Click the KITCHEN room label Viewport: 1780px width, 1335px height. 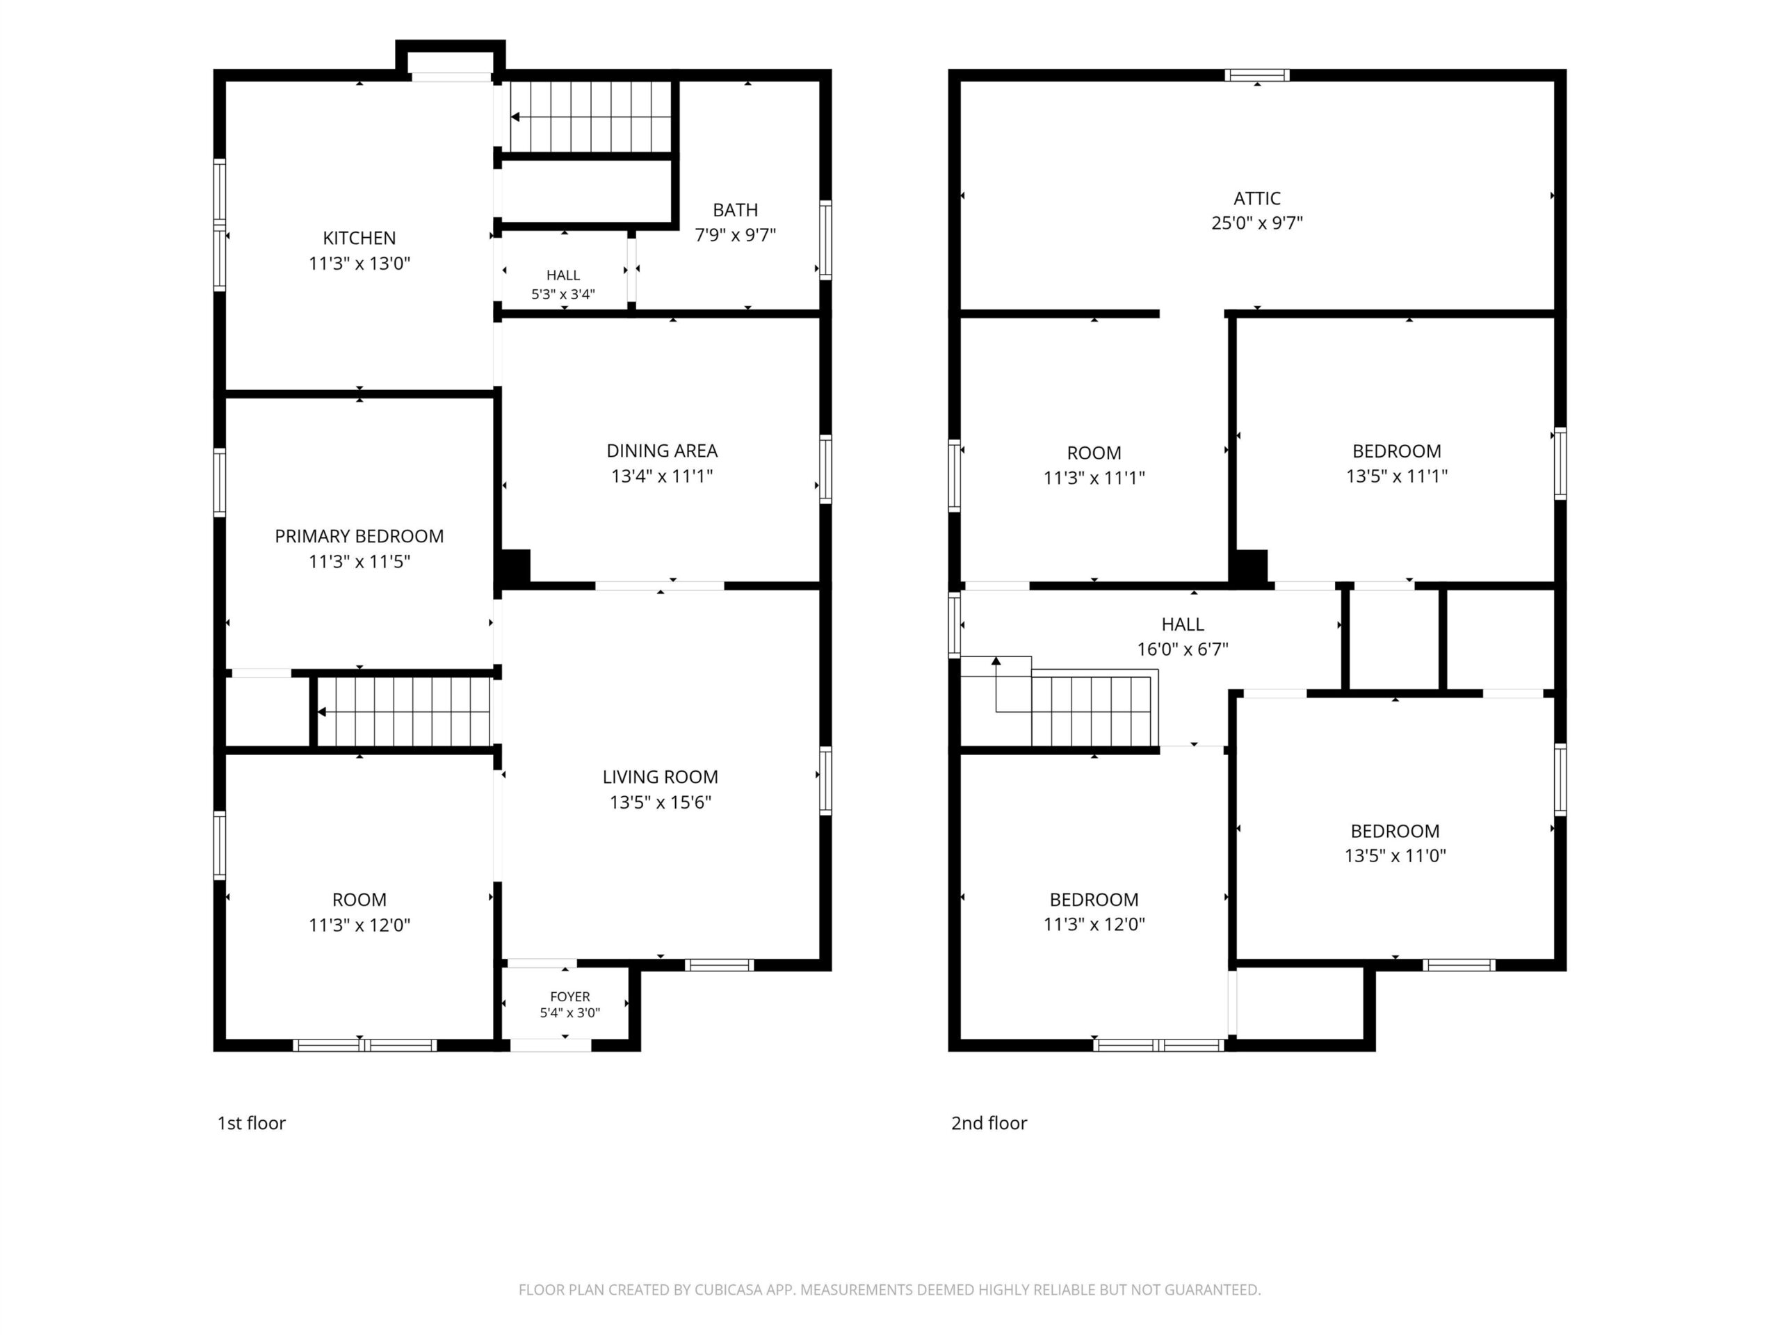(x=359, y=238)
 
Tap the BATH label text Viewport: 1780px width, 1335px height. (x=736, y=210)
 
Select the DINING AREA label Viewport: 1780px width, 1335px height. (x=662, y=451)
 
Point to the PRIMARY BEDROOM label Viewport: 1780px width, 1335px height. (x=359, y=536)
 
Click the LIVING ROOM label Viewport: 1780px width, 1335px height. (x=661, y=777)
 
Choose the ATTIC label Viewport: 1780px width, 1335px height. (x=1257, y=198)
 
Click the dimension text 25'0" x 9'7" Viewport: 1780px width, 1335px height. (x=1257, y=223)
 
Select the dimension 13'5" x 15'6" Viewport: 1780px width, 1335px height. (x=661, y=802)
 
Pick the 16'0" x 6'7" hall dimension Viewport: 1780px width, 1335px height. (x=1183, y=649)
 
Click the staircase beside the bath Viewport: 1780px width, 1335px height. (x=590, y=117)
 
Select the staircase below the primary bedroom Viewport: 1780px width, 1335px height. (x=403, y=712)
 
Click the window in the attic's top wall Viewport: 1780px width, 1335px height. (x=1257, y=76)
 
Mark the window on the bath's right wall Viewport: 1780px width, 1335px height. (x=825, y=240)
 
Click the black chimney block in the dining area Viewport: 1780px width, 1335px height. (x=516, y=566)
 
